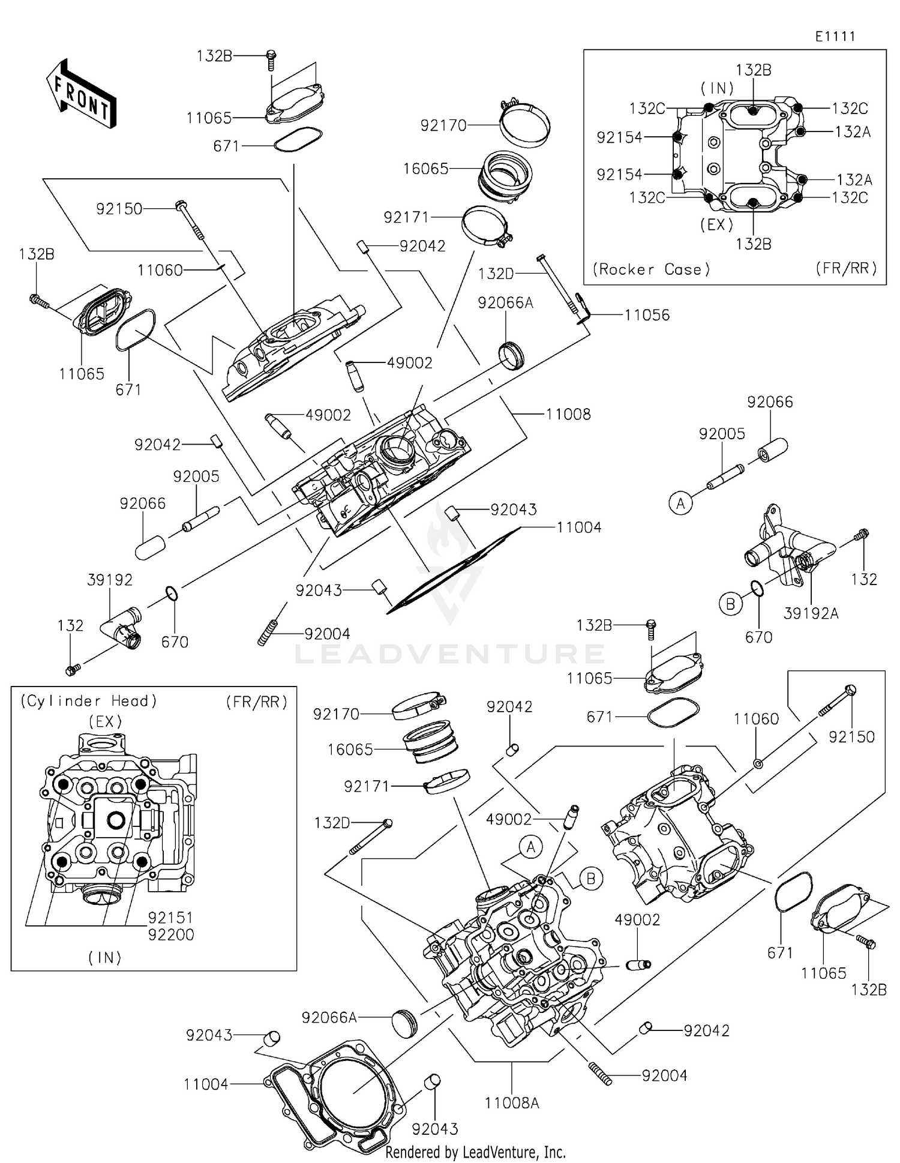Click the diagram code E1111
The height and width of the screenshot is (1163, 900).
[835, 37]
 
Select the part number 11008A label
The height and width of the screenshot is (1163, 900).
[512, 1103]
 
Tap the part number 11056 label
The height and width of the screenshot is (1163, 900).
[647, 316]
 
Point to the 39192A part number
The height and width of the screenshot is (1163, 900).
[811, 613]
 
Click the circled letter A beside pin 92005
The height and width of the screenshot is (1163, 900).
[680, 503]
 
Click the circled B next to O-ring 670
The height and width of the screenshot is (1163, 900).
[730, 604]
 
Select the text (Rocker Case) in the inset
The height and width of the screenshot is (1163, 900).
[651, 269]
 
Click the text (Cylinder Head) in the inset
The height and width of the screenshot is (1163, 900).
[89, 701]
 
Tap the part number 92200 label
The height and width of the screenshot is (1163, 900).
[171, 934]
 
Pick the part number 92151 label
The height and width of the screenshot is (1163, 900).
[171, 918]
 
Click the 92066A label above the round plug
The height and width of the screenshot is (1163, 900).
[505, 303]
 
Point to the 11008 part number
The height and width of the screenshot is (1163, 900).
[568, 414]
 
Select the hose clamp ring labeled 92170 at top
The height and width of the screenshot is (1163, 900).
[526, 124]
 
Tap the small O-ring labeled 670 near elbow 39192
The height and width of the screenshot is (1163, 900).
[172, 594]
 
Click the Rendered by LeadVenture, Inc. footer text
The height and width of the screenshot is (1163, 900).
[475, 1152]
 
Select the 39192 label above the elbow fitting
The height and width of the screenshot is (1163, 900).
[110, 580]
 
